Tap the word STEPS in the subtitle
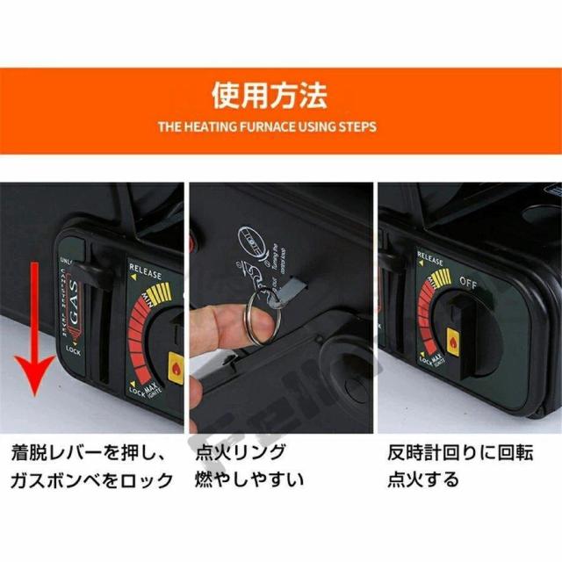tap(357, 127)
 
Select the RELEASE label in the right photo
tap(431, 261)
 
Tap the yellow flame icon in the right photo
tap(453, 339)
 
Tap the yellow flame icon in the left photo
tap(176, 363)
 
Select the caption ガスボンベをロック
tap(92, 480)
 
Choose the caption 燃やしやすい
tap(249, 480)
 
